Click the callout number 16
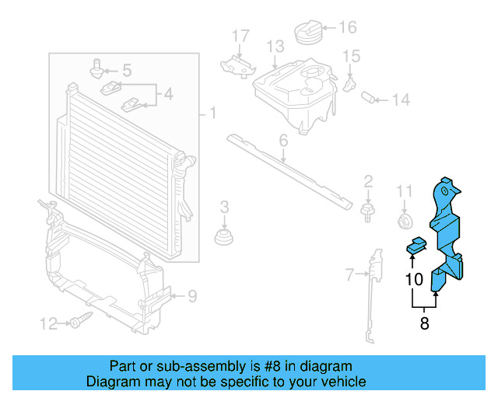click(347, 28)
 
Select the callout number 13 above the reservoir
click(275, 47)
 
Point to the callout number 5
click(126, 71)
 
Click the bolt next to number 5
click(97, 68)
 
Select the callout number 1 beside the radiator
click(212, 115)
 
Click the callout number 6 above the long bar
click(283, 141)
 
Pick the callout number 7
click(350, 274)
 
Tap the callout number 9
click(192, 295)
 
